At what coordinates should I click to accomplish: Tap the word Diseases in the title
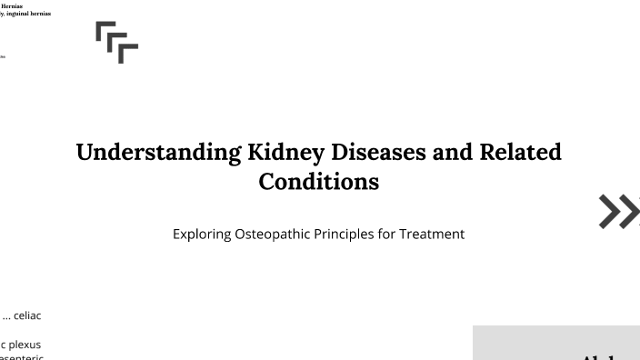click(x=383, y=152)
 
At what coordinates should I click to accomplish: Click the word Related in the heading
click(x=520, y=152)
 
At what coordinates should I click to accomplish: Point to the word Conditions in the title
click(x=318, y=181)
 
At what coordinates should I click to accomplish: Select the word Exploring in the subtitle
click(x=201, y=234)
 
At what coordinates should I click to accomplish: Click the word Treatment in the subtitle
click(x=432, y=234)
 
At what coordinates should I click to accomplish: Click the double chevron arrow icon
click(x=619, y=211)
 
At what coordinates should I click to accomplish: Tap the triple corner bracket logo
click(x=116, y=42)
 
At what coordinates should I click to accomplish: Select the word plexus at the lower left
click(x=25, y=345)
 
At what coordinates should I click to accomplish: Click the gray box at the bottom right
click(x=556, y=343)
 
